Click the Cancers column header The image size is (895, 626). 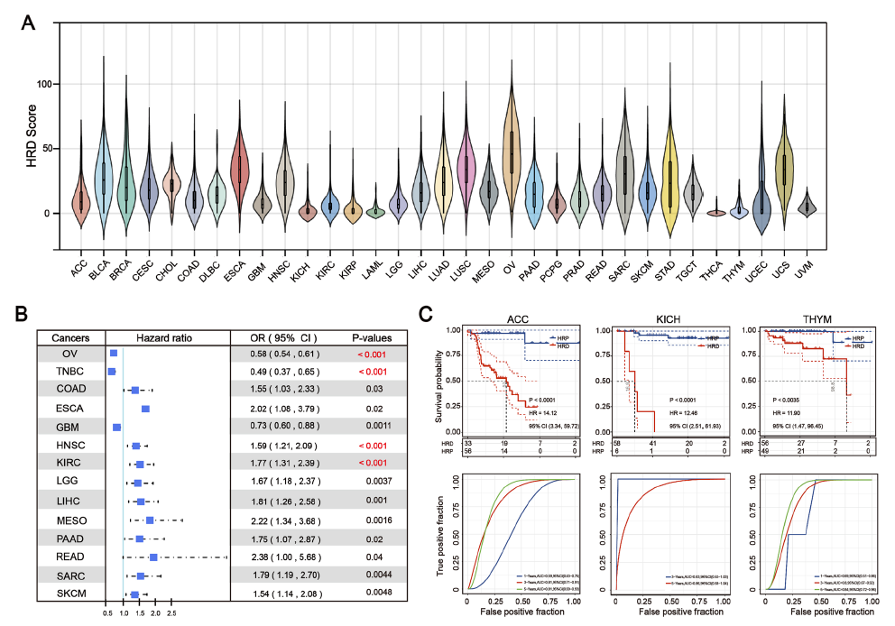click(70, 337)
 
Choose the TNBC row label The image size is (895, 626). click(70, 372)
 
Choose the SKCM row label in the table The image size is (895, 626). click(70, 594)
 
